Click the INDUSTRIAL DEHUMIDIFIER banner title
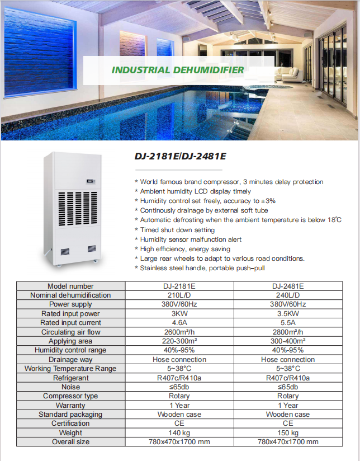178,70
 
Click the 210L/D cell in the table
179,295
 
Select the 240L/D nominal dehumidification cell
288,295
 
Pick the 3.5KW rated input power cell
288,314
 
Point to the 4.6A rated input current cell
179,323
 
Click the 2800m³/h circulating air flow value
288,332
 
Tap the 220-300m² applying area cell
179,341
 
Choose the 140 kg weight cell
179,433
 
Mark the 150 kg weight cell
288,433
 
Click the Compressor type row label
70,396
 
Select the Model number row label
70,286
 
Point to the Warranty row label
70,405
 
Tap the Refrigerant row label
70,378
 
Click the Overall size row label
70,442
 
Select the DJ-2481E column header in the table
288,286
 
